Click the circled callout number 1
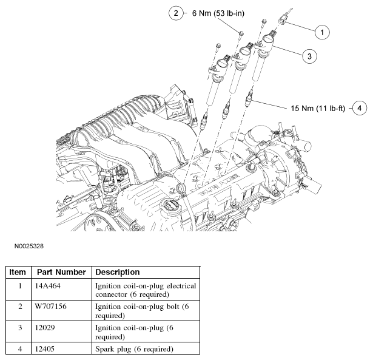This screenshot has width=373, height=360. click(322, 31)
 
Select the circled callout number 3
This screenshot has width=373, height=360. click(308, 56)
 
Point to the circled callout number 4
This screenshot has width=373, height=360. click(360, 108)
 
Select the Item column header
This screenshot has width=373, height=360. click(18, 272)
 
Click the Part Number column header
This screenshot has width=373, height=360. click(60, 272)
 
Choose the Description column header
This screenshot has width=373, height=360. click(118, 272)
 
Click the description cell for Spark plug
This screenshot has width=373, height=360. click(134, 349)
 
